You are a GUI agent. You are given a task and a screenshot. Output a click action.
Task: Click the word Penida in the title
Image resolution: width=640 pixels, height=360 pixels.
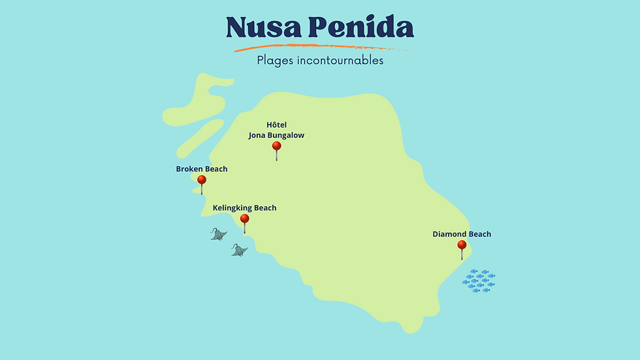pyautogui.click(x=360, y=27)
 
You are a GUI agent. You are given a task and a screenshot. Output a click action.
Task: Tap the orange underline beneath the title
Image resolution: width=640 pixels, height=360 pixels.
pyautogui.click(x=320, y=47)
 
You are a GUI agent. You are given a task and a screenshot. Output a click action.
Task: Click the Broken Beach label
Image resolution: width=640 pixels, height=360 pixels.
pyautogui.click(x=202, y=169)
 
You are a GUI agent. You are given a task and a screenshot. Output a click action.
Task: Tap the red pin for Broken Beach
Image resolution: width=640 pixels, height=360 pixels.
pyautogui.click(x=202, y=180)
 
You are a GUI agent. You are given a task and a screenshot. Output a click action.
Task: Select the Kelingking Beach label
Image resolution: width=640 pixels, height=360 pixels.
pyautogui.click(x=244, y=208)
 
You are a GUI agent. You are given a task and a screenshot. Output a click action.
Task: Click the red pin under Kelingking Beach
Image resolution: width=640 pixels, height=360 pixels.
pyautogui.click(x=245, y=219)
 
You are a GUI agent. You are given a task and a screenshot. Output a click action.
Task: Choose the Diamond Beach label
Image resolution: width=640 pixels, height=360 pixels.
pyautogui.click(x=462, y=235)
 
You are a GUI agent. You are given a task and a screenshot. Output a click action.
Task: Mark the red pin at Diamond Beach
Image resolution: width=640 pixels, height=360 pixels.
pyautogui.click(x=462, y=245)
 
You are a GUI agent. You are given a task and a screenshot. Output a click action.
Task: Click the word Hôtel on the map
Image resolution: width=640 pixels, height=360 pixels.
pyautogui.click(x=276, y=125)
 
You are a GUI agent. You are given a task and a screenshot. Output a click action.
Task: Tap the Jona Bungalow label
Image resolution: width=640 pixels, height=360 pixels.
pyautogui.click(x=276, y=136)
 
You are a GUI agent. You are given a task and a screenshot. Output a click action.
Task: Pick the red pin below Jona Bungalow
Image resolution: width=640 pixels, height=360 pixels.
pyautogui.click(x=276, y=146)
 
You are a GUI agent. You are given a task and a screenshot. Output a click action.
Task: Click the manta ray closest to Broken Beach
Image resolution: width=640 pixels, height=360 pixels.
pyautogui.click(x=219, y=233)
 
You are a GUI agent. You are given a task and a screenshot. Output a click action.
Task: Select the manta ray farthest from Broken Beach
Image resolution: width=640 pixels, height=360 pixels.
pyautogui.click(x=240, y=250)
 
